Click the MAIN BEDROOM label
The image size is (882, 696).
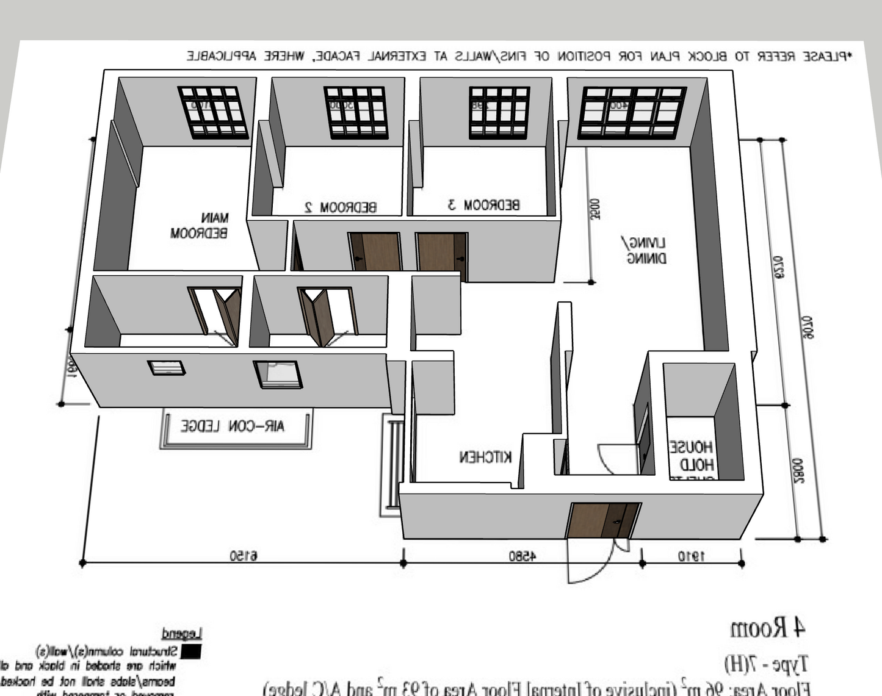(199, 225)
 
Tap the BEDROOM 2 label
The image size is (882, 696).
(341, 207)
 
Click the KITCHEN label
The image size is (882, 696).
(485, 456)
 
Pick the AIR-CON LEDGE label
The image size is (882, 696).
(233, 426)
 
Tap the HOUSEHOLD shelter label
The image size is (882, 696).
(691, 456)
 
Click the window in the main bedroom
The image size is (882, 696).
(212, 112)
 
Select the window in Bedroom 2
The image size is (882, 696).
(355, 112)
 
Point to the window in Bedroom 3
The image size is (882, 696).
(499, 112)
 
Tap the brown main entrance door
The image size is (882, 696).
(603, 520)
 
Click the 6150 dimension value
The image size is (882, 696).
(244, 556)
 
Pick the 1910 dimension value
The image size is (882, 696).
(691, 556)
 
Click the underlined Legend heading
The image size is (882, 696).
(181, 633)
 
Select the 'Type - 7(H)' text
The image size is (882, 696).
(766, 663)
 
